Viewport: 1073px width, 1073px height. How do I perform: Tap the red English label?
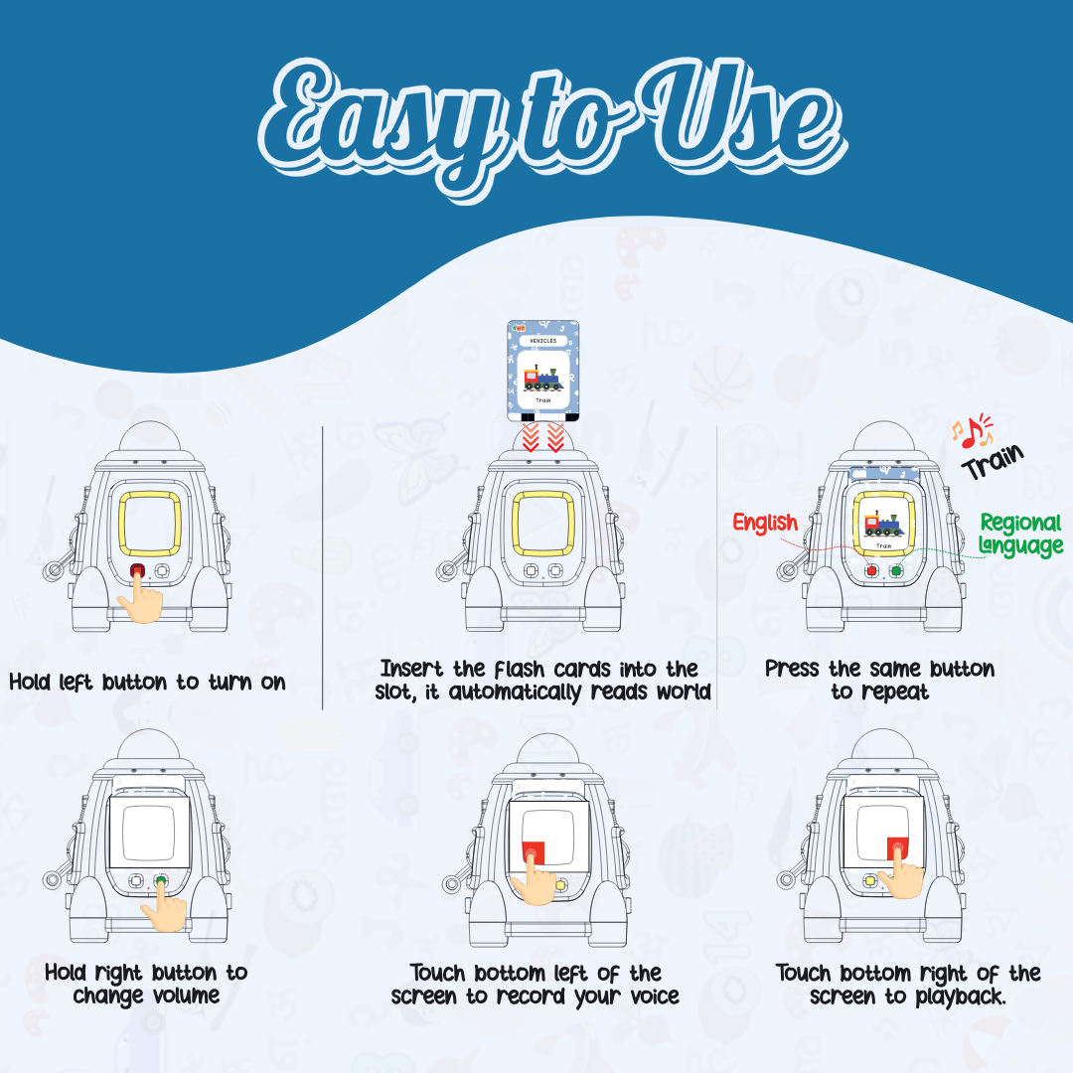(765, 524)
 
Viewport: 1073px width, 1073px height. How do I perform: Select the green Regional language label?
(1020, 535)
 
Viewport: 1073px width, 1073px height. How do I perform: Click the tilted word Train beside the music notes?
(993, 462)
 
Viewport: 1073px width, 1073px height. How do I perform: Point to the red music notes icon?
(973, 431)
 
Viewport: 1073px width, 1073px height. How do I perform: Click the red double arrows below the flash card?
(542, 437)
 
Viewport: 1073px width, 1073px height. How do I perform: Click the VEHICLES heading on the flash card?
(543, 340)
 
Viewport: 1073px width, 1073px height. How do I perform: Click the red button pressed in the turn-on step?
(137, 570)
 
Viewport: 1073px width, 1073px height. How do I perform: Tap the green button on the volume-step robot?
(161, 880)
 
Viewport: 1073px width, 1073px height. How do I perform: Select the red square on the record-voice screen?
(534, 852)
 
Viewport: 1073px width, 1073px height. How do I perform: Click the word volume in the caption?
(181, 996)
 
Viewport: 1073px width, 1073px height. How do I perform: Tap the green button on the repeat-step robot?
(895, 570)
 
